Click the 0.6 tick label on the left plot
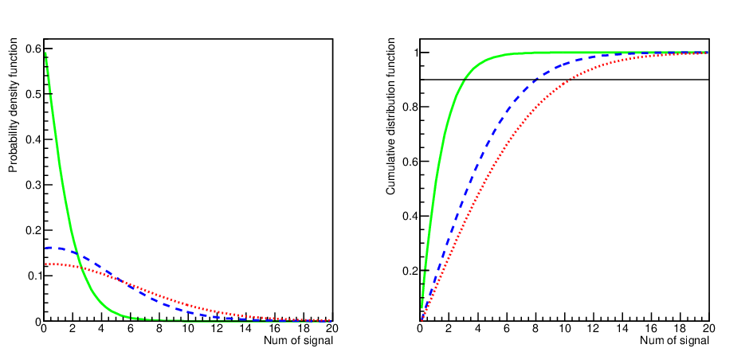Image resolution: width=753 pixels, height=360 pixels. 33,49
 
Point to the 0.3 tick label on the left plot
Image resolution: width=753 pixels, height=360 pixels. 33,185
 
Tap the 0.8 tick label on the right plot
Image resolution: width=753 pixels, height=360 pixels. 409,107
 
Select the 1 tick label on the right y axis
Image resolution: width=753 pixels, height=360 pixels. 413,53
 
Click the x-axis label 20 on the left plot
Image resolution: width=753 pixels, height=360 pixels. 332,329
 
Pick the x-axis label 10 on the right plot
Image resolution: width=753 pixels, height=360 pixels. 564,329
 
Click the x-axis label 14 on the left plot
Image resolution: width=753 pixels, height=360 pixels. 245,329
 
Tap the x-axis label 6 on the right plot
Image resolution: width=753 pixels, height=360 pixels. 507,329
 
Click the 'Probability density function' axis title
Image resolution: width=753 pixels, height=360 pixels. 13,107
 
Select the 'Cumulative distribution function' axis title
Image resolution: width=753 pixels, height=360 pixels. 390,118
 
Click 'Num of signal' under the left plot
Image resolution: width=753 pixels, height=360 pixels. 298,341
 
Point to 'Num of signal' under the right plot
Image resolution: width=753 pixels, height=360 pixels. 674,341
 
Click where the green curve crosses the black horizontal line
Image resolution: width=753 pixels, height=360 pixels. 465,79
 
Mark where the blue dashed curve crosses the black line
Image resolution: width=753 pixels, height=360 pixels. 536,79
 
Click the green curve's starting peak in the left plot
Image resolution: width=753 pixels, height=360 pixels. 44,53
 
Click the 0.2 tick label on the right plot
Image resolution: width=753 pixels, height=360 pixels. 409,270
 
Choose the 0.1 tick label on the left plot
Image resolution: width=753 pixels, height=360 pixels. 33,276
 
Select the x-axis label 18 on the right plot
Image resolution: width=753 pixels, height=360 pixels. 680,329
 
